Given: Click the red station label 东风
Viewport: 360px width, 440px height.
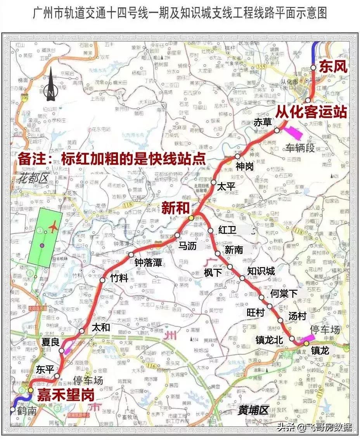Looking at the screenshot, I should click(x=332, y=67).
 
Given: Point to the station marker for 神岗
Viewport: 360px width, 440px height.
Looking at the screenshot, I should click(x=237, y=157).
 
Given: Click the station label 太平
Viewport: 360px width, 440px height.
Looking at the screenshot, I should click(x=226, y=186).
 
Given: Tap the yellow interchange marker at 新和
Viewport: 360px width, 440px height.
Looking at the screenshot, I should click(x=191, y=218).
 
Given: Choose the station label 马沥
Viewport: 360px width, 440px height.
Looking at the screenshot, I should click(x=188, y=245).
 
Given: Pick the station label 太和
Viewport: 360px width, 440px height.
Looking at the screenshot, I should click(x=101, y=327).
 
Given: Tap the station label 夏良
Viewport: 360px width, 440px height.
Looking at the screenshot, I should click(x=50, y=342).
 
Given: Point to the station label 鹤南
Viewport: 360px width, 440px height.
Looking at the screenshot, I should click(x=27, y=411).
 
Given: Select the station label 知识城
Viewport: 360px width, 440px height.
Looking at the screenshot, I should click(x=261, y=271).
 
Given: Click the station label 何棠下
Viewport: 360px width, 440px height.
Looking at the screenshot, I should click(x=284, y=293).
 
